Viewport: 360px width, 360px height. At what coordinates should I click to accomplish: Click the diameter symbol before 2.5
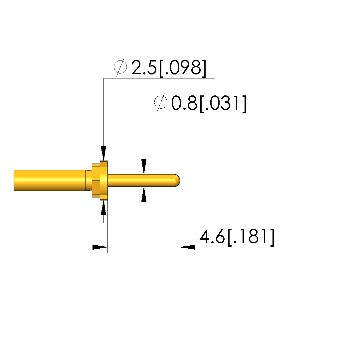coord(120,67)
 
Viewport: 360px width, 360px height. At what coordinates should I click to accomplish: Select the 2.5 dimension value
coord(144,67)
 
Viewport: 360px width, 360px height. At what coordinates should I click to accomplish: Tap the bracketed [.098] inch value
coord(183,68)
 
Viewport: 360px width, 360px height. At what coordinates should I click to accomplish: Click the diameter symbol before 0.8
coord(161,102)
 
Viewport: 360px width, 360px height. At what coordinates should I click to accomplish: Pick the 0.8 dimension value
coord(184,103)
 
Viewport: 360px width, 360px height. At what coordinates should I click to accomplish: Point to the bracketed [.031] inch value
coord(223,104)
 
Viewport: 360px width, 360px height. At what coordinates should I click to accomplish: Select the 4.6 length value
coord(212,236)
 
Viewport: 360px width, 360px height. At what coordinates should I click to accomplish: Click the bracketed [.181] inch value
coord(251,237)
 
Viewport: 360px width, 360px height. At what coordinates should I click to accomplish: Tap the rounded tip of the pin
coord(177,180)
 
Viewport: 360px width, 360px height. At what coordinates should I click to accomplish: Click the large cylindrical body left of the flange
coord(50,180)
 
